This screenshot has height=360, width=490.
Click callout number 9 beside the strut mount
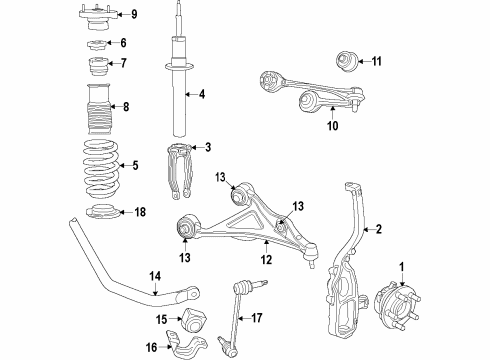pyautogui.click(x=135, y=14)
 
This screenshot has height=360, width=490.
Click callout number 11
pyautogui.click(x=377, y=62)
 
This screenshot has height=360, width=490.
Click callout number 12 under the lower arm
pyautogui.click(x=267, y=260)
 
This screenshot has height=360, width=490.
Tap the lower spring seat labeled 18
pyautogui.click(x=99, y=213)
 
